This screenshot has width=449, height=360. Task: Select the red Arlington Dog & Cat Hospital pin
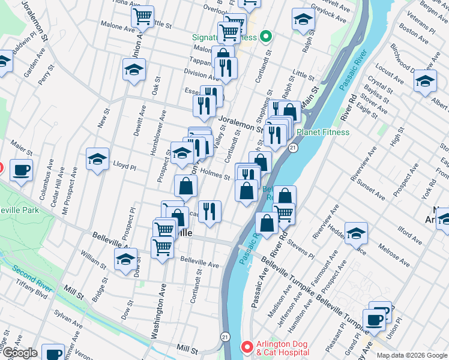coord(246,347)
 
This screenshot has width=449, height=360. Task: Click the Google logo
coord(19,353)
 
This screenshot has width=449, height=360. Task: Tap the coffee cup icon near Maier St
coord(22,170)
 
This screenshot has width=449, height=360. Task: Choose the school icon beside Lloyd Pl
coord(97,160)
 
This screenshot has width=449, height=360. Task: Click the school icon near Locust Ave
coord(426,81)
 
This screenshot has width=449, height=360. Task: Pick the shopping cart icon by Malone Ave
coord(142,17)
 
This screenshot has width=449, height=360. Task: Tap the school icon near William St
coord(125,260)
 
